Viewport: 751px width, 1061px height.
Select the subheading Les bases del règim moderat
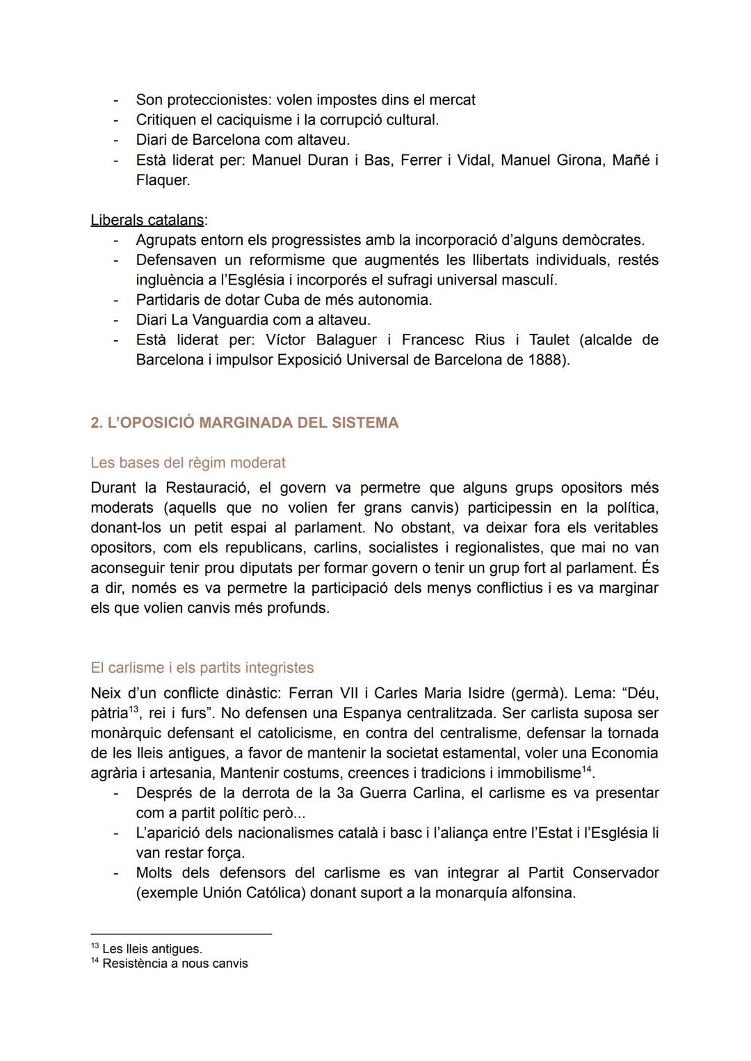(188, 463)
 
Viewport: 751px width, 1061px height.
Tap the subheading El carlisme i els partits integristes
(202, 668)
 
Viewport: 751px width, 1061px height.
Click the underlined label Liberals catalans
(147, 220)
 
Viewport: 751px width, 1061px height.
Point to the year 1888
(546, 360)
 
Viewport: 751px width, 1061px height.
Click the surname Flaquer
(162, 180)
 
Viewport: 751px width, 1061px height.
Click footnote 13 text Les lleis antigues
(152, 949)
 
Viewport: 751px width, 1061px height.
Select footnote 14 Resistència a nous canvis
(175, 964)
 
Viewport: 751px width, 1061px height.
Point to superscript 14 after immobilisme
(587, 769)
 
